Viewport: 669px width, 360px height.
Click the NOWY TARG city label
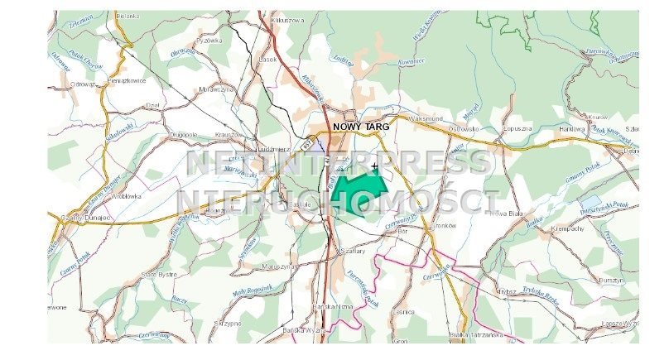click(360, 127)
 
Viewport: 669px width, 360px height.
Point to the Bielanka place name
click(129, 16)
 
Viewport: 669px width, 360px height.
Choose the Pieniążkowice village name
click(127, 81)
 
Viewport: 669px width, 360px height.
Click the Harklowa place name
click(571, 129)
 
